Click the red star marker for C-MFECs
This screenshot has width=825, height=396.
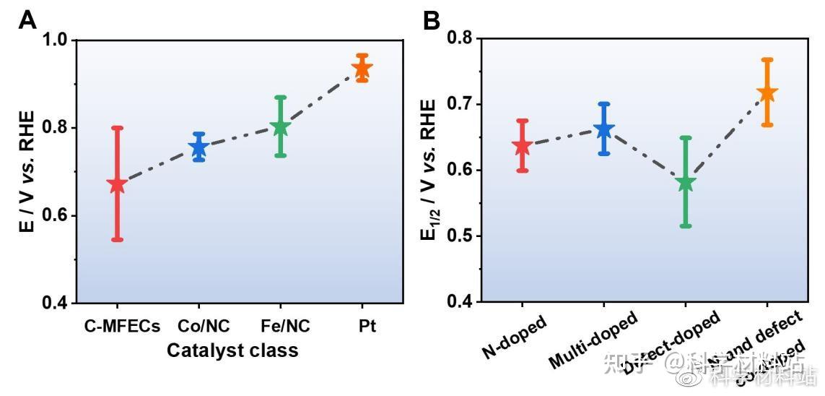click(x=117, y=184)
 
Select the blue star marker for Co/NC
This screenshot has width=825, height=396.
click(x=198, y=147)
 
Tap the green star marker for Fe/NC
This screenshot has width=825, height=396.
click(x=280, y=128)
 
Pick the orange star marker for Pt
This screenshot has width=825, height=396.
click(x=362, y=69)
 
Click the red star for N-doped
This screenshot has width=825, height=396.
click(x=522, y=146)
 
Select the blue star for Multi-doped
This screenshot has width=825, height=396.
click(x=603, y=130)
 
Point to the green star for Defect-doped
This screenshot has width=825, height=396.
click(x=686, y=183)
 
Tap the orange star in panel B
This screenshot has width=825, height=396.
click(x=767, y=92)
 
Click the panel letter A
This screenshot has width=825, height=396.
click(x=27, y=20)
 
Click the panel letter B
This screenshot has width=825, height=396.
click(x=431, y=20)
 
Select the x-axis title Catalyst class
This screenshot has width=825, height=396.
click(x=232, y=350)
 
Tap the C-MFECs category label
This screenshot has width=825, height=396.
click(x=121, y=326)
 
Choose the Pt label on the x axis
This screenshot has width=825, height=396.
click(x=366, y=326)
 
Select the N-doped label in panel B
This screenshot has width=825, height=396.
click(x=515, y=338)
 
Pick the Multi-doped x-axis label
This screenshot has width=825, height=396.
click(x=593, y=341)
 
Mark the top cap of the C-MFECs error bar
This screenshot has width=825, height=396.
click(x=117, y=128)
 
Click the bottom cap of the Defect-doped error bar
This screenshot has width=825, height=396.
click(x=686, y=226)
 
